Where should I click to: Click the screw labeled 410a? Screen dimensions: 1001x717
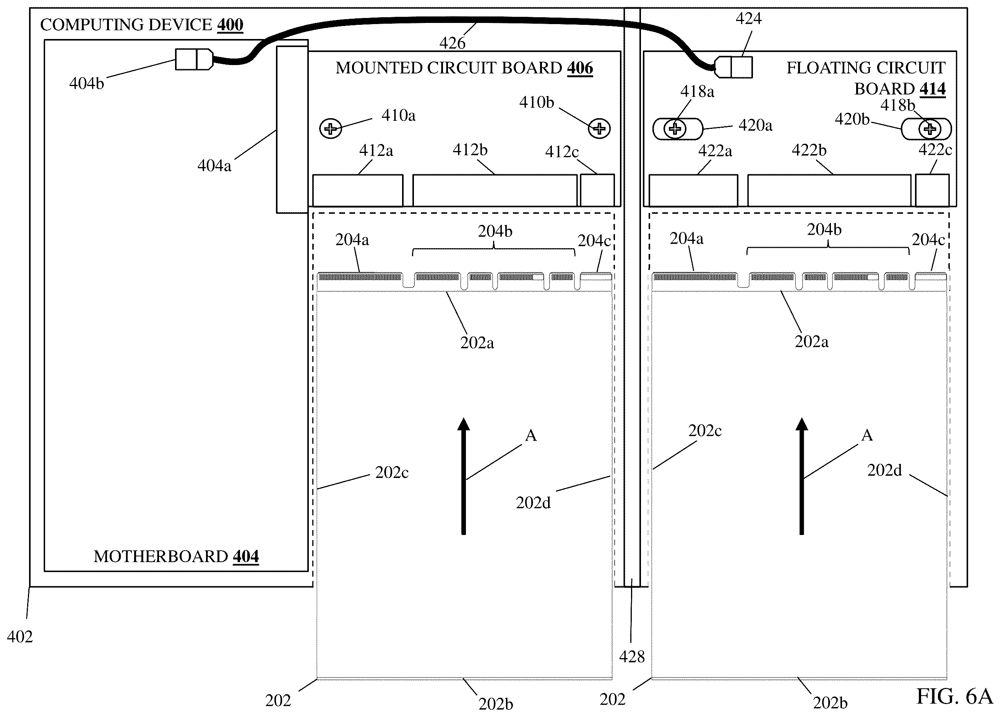331,129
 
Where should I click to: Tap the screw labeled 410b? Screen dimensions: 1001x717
599,128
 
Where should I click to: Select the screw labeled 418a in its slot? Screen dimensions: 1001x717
675,129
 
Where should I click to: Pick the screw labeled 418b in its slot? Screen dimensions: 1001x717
930,129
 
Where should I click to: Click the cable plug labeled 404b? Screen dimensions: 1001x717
195,59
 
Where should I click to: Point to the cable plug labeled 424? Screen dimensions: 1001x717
733,67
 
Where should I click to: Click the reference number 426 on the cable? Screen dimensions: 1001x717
452,43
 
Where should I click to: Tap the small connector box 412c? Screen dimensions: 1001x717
597,190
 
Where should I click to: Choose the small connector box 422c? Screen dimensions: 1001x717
932,190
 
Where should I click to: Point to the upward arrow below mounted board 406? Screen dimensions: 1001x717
463,476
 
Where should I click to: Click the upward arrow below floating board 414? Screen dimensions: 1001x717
801,476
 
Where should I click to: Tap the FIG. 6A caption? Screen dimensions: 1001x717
955,696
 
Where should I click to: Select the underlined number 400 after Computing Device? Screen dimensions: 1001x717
230,24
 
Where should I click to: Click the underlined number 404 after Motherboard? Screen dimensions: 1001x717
246,556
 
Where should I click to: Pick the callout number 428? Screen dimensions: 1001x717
632,657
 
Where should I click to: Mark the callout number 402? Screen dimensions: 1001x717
20,637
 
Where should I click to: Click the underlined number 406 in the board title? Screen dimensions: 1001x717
580,68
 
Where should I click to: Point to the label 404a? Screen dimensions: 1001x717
214,166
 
